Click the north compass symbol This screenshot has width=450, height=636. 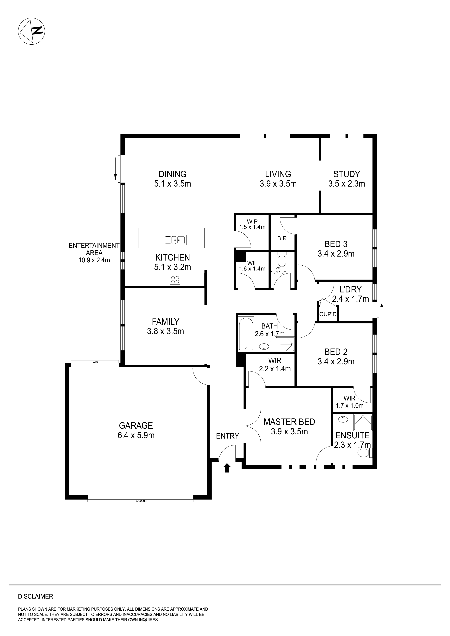point(31,31)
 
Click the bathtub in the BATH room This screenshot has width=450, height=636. point(246,334)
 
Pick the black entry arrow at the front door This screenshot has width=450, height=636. point(227,468)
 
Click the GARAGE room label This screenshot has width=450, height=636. point(136,426)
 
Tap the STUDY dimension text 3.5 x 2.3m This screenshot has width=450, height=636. point(346,184)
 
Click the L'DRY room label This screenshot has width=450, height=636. point(350,290)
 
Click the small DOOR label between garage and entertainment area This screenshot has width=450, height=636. point(95,362)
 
